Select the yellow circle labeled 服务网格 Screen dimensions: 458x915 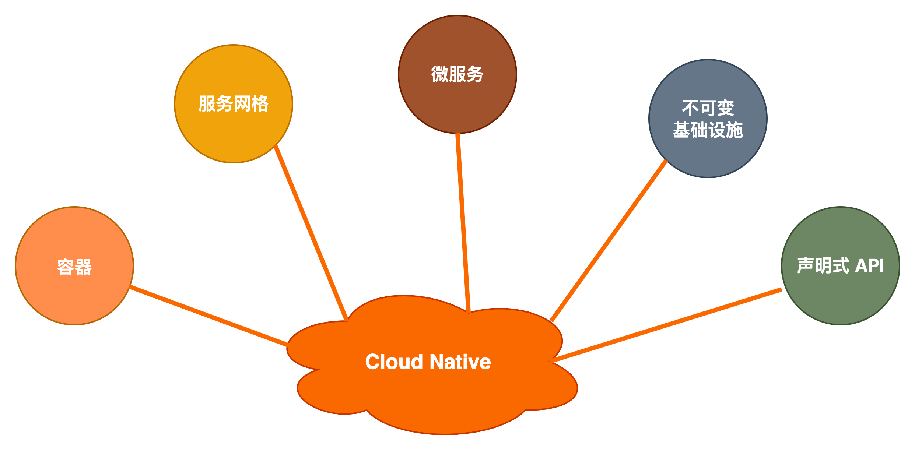coord(234,133)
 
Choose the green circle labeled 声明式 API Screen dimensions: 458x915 coord(841,295)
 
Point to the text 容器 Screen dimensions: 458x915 coord(74,267)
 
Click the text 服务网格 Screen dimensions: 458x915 coord(234,103)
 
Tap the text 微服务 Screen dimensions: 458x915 coord(458,74)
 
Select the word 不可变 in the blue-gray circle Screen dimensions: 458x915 coord(708,108)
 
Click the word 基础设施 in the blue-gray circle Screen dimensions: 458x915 coord(708,130)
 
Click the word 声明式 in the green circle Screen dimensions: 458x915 coord(823,265)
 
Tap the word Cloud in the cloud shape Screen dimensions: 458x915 coord(394,362)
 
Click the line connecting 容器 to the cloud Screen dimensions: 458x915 coord(209,316)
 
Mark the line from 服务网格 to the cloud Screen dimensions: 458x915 coord(311,233)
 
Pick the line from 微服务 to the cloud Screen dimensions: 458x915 coord(463,223)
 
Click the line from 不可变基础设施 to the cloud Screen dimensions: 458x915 coord(609,241)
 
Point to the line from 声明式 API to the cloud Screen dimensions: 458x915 coord(667,325)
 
